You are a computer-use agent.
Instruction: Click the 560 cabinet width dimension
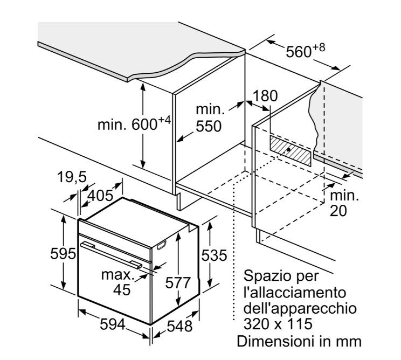pyautogui.click(x=306, y=51)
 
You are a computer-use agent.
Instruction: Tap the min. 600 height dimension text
pyautogui.click(x=134, y=124)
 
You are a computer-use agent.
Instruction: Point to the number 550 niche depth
pyautogui.click(x=209, y=126)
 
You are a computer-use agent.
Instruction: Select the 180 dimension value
pyautogui.click(x=265, y=96)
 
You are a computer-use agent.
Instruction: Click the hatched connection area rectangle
pyautogui.click(x=291, y=150)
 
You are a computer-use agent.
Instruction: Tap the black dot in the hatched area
pyautogui.click(x=289, y=150)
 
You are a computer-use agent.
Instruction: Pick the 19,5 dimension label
pyautogui.click(x=72, y=177)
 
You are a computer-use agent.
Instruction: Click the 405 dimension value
pyautogui.click(x=100, y=196)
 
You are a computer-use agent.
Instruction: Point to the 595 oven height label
pyautogui.click(x=63, y=254)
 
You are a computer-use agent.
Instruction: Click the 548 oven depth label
pyautogui.click(x=179, y=326)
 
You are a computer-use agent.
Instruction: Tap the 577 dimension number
pyautogui.click(x=178, y=282)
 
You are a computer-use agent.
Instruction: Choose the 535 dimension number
pyautogui.click(x=215, y=255)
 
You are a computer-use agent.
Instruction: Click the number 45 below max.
pyautogui.click(x=122, y=290)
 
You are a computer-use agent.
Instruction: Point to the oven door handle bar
pyautogui.click(x=111, y=255)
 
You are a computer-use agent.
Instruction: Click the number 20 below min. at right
pyautogui.click(x=338, y=211)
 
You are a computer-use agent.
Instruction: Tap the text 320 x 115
pyautogui.click(x=278, y=324)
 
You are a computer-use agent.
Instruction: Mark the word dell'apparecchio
pyautogui.click(x=300, y=309)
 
